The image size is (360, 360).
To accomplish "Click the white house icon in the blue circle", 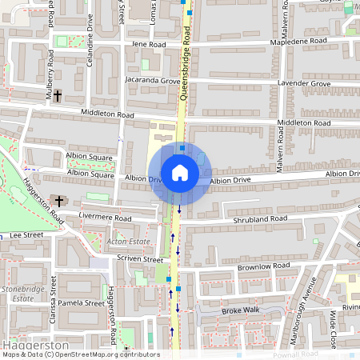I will pyautogui.click(x=180, y=172).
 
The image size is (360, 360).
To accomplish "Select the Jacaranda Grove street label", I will pyautogui.click(x=152, y=82).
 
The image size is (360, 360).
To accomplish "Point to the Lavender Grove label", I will pyautogui.click(x=304, y=83).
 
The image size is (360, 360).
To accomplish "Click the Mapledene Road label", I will pyautogui.click(x=299, y=40).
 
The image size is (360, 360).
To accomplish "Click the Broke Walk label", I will pyautogui.click(x=241, y=310).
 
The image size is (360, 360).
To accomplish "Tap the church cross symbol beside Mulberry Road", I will pyautogui.click(x=58, y=94).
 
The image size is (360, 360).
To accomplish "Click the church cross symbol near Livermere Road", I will pyautogui.click(x=58, y=200).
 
